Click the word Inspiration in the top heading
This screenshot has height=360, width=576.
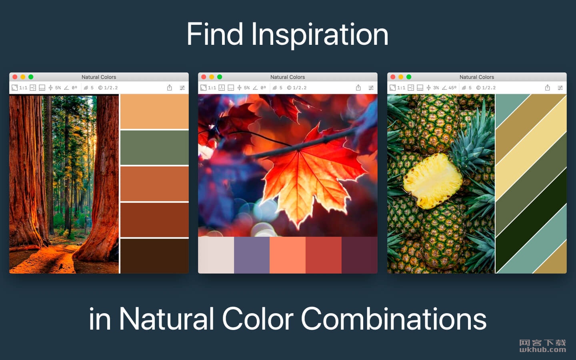click(319, 35)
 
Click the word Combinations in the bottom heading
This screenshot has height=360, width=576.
click(394, 318)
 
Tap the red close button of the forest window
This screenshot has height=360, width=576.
click(15, 77)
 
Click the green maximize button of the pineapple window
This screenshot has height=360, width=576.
click(409, 77)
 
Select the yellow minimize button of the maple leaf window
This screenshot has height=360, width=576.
click(212, 77)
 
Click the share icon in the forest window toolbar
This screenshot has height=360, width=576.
click(170, 88)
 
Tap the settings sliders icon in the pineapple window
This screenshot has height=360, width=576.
click(560, 88)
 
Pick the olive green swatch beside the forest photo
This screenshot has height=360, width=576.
click(154, 147)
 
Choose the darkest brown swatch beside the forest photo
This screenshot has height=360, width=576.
click(154, 256)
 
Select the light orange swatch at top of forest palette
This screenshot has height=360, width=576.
click(154, 111)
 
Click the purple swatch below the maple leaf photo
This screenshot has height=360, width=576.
click(252, 255)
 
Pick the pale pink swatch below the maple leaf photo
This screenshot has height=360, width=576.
click(216, 255)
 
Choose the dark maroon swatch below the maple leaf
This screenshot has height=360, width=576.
click(360, 255)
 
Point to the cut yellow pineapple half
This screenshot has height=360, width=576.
click(432, 180)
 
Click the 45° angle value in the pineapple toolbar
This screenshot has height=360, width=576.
click(452, 88)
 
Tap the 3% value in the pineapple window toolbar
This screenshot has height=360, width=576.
click(436, 88)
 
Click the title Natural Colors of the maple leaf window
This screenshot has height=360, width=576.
click(288, 77)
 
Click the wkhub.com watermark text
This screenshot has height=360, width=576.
click(542, 350)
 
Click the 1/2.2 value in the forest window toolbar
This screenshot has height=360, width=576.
click(111, 88)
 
